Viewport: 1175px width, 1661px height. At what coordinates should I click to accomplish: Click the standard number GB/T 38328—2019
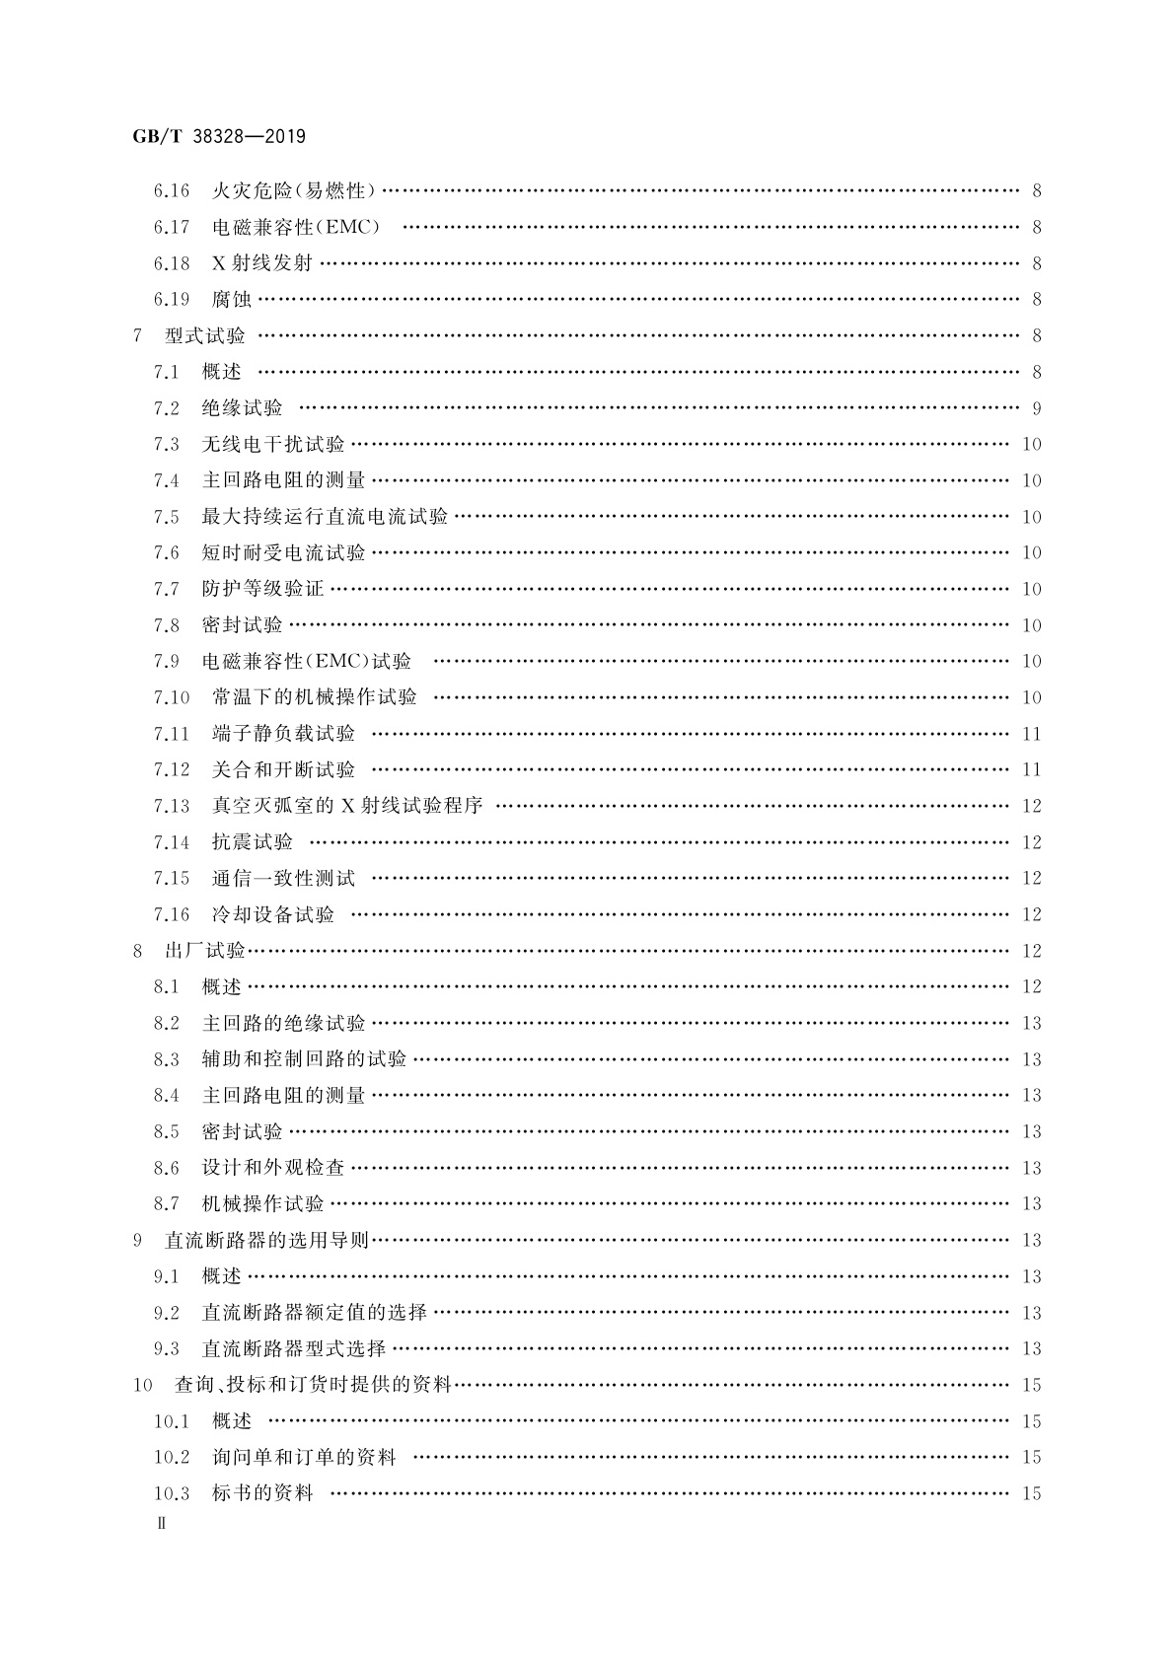click(219, 137)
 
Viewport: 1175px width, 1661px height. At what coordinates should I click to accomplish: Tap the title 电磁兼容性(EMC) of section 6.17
click(295, 227)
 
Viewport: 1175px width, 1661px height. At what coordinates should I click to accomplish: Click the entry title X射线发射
click(261, 263)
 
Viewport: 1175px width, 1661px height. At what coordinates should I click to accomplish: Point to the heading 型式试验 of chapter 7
click(205, 335)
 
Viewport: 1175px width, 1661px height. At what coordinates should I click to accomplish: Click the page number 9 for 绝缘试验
click(1036, 408)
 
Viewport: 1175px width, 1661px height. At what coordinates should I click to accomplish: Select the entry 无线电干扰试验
click(272, 444)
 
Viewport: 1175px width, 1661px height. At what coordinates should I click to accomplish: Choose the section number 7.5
click(166, 517)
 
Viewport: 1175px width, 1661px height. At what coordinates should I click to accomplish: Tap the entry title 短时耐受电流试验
click(283, 553)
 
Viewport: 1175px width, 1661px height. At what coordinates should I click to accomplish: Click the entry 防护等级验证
click(262, 589)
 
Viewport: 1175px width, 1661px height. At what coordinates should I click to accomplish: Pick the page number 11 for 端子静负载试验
click(1031, 734)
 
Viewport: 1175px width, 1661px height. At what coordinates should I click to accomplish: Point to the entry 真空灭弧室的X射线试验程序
click(347, 806)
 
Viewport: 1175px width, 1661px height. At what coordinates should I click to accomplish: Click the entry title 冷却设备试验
click(273, 914)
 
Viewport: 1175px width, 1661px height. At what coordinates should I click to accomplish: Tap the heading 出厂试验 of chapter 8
click(204, 951)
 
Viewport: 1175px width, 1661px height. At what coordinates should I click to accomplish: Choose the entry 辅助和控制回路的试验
click(304, 1059)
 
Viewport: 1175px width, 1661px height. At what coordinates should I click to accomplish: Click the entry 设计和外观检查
click(272, 1168)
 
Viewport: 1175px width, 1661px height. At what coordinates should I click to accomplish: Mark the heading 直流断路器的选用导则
click(266, 1240)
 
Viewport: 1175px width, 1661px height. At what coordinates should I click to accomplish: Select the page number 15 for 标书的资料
click(1031, 1493)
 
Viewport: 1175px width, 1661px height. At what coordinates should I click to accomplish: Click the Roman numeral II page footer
click(163, 1523)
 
